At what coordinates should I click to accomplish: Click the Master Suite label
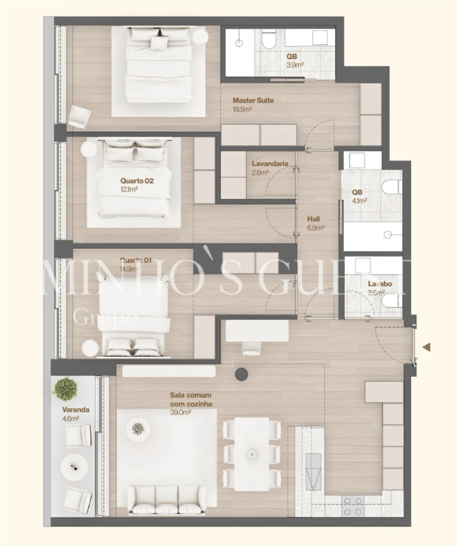coord(253,100)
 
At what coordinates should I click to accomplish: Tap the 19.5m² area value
coord(242,109)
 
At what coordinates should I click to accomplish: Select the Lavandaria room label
coord(270,164)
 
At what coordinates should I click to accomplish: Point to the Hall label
coord(313,219)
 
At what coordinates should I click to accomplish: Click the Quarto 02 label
coord(137,181)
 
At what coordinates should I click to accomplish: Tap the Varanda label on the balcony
coord(76,410)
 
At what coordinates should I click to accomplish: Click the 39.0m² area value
coord(180,412)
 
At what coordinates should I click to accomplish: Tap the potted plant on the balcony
coord(65,389)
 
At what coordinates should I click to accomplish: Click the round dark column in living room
coord(241,374)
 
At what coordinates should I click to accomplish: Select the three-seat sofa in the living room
coord(167,501)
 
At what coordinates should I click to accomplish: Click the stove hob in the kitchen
coord(353,506)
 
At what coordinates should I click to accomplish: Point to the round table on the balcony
coord(74,467)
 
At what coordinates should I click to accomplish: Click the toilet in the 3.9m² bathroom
coord(268,40)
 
